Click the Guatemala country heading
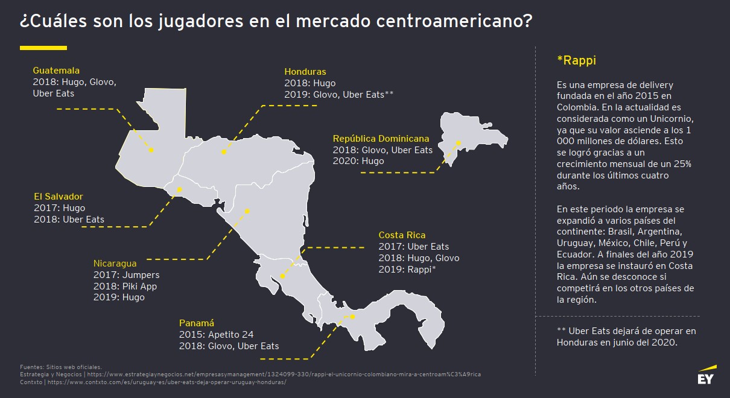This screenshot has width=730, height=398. pyautogui.click(x=56, y=71)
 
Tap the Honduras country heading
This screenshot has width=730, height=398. pyautogui.click(x=305, y=72)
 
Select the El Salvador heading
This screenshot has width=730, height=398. pyautogui.click(x=59, y=197)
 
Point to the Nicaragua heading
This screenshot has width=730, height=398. pyautogui.click(x=115, y=264)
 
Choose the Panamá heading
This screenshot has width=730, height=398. pyautogui.click(x=197, y=323)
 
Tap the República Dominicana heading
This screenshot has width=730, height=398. pyautogui.click(x=381, y=139)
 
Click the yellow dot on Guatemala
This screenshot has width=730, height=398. pyautogui.click(x=151, y=150)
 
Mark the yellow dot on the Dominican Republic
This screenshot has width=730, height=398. pyautogui.click(x=459, y=143)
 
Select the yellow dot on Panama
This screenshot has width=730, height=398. pyautogui.click(x=354, y=317)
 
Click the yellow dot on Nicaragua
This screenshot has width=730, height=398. pyautogui.click(x=247, y=211)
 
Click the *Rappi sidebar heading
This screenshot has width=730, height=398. pyautogui.click(x=576, y=60)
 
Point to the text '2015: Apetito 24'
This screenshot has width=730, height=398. pyautogui.click(x=217, y=335)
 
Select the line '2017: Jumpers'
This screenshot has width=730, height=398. pyautogui.click(x=127, y=275)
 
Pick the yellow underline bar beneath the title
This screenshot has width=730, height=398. pyautogui.click(x=43, y=47)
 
